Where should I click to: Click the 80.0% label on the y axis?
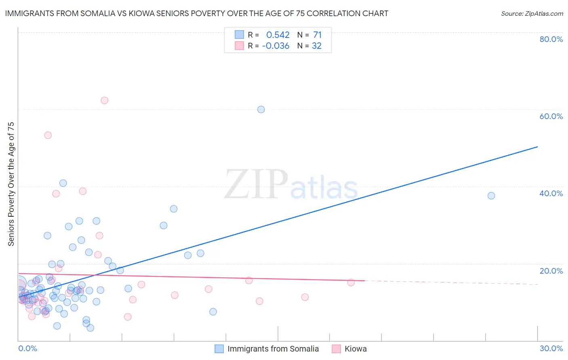click(551, 39)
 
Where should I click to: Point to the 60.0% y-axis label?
click(551, 116)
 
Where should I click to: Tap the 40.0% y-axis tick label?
click(551, 193)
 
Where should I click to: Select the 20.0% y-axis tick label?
click(551, 271)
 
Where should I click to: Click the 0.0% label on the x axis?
click(27, 349)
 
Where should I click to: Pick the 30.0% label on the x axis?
click(551, 349)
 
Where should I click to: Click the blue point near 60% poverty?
click(261, 109)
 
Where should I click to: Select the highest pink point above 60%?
click(104, 100)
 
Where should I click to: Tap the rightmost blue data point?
click(491, 196)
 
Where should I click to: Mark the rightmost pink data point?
click(351, 283)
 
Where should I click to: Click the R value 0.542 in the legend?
click(278, 35)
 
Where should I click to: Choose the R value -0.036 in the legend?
click(276, 46)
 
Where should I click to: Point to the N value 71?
click(317, 35)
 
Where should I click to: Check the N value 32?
click(317, 46)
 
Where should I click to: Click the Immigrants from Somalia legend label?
click(273, 349)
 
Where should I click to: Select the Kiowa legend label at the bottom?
click(356, 349)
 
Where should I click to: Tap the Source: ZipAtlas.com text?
click(532, 14)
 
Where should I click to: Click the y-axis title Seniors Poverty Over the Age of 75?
click(11, 184)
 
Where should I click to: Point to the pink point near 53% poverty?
click(48, 135)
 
